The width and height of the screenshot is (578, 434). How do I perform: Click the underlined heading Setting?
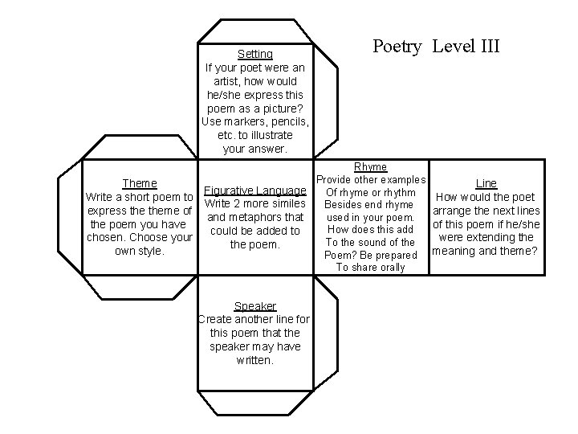255,54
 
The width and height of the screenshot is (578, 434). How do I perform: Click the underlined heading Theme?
139,183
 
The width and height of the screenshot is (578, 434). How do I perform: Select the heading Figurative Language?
255,190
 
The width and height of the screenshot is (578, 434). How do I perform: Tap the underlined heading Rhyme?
370,166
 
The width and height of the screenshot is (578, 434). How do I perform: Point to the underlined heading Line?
486,183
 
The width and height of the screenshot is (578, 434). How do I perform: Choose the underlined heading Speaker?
254,306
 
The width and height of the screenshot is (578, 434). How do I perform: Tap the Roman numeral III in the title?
485,46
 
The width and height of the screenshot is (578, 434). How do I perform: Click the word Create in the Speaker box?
214,320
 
